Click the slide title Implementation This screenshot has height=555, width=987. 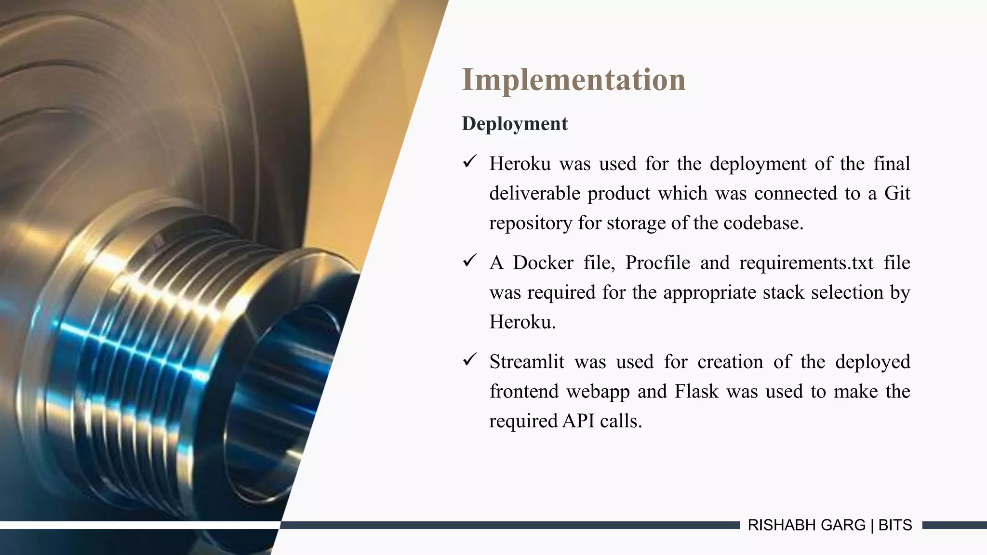pyautogui.click(x=574, y=80)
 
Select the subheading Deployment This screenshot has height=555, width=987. pyautogui.click(x=515, y=124)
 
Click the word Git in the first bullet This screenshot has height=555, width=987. pyautogui.click(x=897, y=194)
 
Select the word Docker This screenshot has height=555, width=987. pyautogui.click(x=543, y=263)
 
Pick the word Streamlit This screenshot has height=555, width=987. pyautogui.click(x=526, y=362)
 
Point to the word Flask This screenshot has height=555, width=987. pyautogui.click(x=696, y=391)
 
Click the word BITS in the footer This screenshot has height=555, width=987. pyautogui.click(x=895, y=525)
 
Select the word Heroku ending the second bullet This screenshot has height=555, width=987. pyautogui.click(x=522, y=322)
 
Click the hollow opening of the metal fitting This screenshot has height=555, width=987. pyautogui.click(x=284, y=385)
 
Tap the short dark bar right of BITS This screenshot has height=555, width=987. pyautogui.click(x=954, y=525)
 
